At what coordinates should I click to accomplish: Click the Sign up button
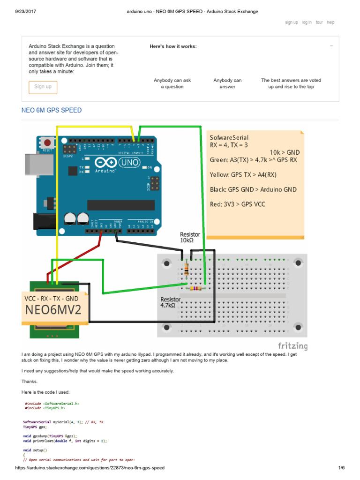[43, 87]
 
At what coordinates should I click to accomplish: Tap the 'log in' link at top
[307, 22]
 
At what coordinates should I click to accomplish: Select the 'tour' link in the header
[319, 22]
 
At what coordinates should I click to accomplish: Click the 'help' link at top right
[330, 22]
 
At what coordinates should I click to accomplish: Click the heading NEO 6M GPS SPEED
[52, 110]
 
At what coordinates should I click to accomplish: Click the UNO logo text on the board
[127, 163]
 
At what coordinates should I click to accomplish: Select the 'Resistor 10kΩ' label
[190, 237]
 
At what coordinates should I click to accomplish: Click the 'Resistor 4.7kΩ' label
[171, 302]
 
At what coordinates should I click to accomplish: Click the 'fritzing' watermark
[292, 346]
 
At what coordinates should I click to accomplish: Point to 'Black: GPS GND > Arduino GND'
[253, 189]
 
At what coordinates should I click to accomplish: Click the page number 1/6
[341, 468]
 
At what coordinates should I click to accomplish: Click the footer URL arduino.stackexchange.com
[90, 468]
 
